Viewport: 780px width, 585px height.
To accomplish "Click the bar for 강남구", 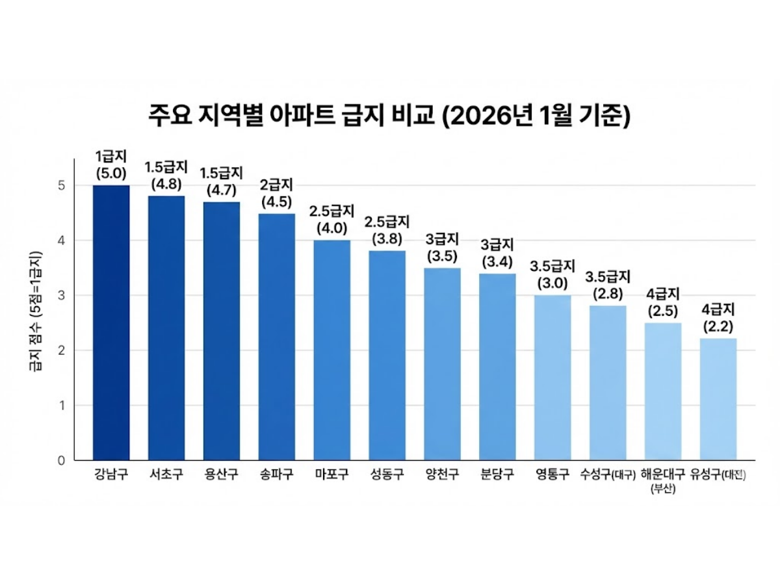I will [111, 323].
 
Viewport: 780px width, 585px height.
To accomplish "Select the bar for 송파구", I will [277, 337].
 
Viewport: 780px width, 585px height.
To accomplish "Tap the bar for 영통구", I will [552, 378].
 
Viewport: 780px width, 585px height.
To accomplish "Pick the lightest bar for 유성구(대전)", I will [718, 399].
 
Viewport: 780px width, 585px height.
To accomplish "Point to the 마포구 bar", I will [332, 350].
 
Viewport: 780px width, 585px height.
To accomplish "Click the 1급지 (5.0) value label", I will [111, 165].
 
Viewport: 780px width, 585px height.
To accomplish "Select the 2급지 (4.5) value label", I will [277, 193].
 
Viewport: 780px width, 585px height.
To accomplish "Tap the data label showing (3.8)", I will [387, 230].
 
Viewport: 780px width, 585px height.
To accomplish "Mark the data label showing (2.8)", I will [608, 285].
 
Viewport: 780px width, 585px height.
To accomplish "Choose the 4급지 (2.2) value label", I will [718, 318].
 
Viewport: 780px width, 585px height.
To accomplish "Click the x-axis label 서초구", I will [166, 474].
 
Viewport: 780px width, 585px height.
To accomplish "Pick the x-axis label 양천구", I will [442, 474].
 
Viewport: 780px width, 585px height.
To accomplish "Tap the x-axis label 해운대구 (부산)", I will [663, 480].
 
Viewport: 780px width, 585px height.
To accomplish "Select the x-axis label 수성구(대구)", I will [608, 474].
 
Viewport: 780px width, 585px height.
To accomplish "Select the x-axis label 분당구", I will [497, 474].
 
